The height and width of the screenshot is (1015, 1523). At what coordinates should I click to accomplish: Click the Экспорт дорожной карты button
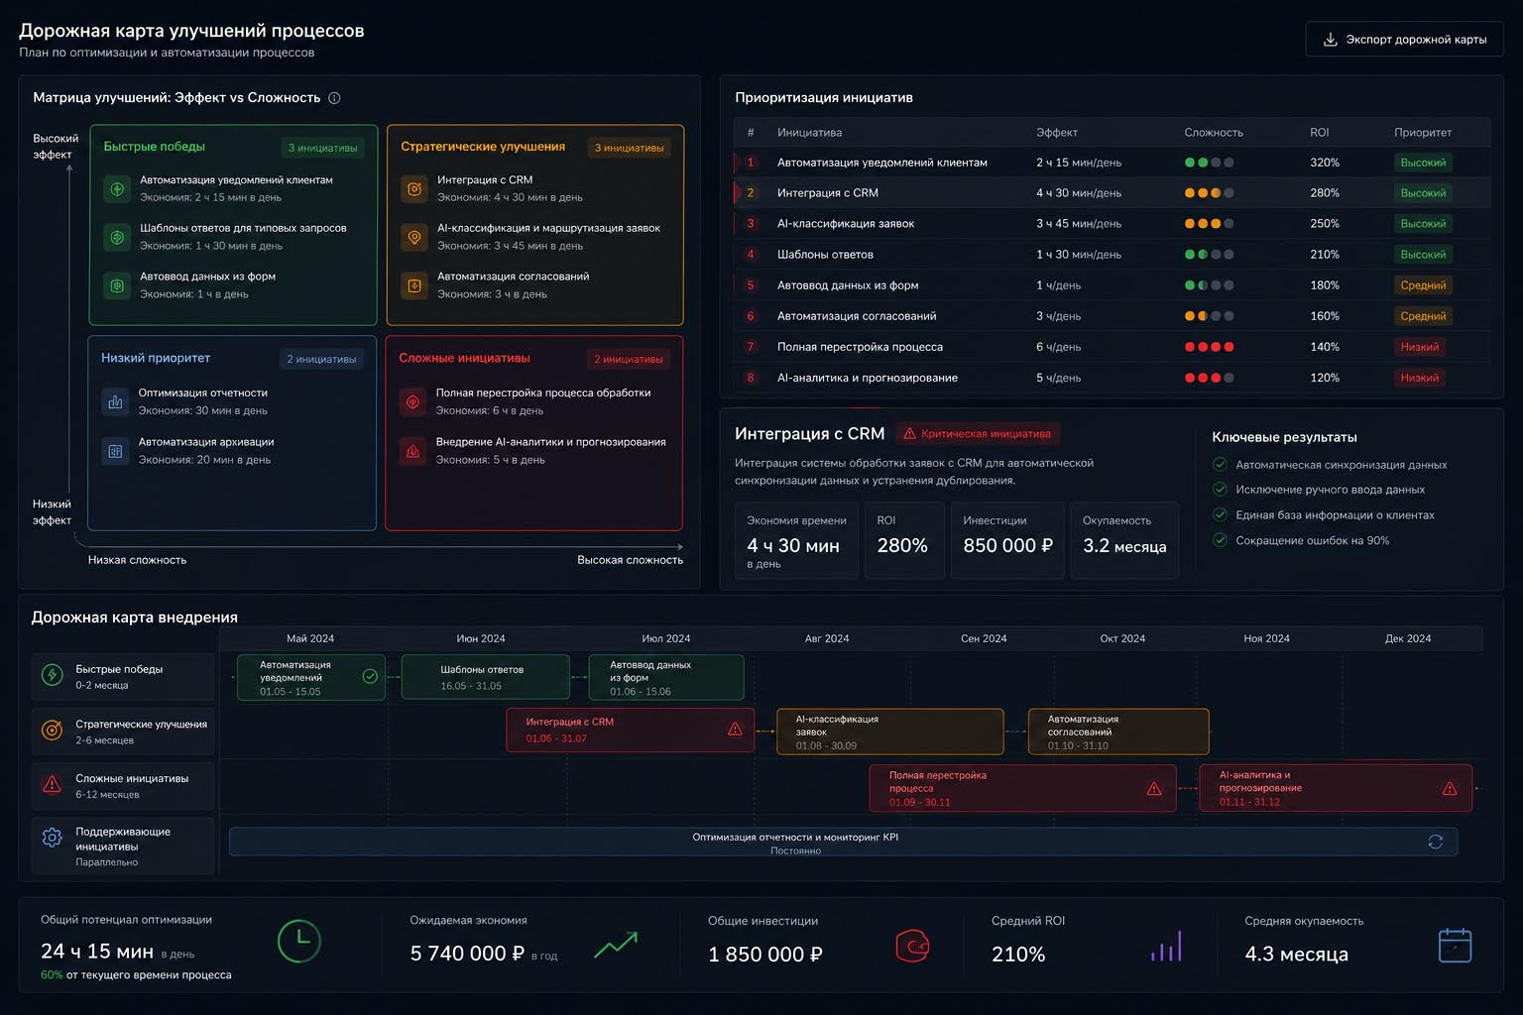click(x=1404, y=40)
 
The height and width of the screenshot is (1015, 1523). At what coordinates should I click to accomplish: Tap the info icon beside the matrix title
click(x=334, y=98)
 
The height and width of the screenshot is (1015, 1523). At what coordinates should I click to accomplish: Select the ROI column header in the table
click(x=1319, y=133)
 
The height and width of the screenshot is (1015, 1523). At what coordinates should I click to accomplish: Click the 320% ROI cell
click(x=1325, y=163)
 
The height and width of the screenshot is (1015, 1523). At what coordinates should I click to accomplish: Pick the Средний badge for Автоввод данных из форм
click(x=1423, y=285)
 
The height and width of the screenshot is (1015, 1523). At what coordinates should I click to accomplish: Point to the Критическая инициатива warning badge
click(x=978, y=434)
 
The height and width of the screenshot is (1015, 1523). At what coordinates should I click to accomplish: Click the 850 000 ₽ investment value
click(x=1007, y=545)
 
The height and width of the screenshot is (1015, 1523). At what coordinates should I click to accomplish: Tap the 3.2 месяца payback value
click(x=1124, y=546)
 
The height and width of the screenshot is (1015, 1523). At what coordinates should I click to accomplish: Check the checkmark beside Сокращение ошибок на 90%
click(x=1220, y=540)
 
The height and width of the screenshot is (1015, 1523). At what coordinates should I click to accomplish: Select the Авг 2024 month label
click(x=827, y=638)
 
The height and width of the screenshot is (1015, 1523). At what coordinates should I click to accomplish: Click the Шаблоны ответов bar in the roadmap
click(x=486, y=677)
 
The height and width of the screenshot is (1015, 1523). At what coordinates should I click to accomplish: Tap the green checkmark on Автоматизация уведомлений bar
click(x=370, y=676)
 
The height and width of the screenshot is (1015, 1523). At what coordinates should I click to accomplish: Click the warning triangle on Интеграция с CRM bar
click(x=735, y=729)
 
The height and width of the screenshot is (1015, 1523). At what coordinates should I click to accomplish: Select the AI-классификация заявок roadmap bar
click(x=890, y=732)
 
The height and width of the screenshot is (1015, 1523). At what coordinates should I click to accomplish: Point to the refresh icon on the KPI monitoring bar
click(x=1436, y=842)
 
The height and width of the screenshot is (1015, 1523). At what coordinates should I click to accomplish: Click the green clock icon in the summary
click(x=298, y=942)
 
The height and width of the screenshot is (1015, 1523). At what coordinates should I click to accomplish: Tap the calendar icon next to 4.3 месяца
click(x=1455, y=945)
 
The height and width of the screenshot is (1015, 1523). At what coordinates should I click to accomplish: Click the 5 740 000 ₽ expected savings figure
click(x=467, y=954)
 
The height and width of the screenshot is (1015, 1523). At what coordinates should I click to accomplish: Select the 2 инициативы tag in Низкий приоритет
click(x=321, y=359)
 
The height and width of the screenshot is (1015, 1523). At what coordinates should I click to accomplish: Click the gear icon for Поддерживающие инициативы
click(x=52, y=837)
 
